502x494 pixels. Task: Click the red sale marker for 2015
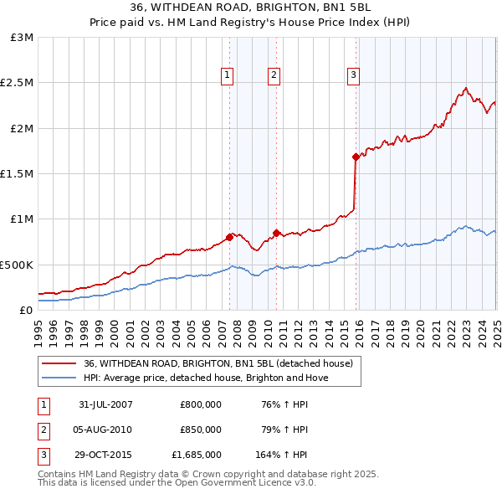coord(356,157)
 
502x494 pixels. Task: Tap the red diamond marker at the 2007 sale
coord(229,237)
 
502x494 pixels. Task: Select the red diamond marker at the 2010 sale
coord(275,232)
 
